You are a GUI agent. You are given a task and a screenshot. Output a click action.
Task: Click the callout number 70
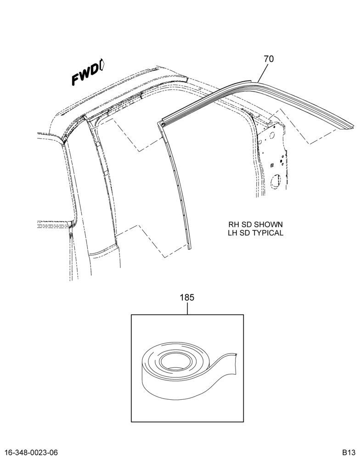[269, 59]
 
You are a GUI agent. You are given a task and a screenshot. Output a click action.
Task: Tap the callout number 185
[187, 298]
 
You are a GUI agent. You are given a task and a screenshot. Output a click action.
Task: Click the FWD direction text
[84, 74]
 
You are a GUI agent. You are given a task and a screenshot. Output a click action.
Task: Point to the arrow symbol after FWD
[102, 65]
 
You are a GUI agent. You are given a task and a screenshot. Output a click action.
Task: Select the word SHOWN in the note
[268, 225]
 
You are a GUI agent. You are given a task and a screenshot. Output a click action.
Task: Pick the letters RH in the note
[234, 225]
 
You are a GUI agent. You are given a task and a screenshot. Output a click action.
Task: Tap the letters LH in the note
[233, 233]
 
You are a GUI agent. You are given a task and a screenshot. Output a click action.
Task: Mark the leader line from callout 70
[263, 73]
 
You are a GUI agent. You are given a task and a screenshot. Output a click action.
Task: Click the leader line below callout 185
[187, 308]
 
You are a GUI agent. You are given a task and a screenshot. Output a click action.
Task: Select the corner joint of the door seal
[163, 124]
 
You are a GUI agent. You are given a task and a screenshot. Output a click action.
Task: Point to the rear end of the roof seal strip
[354, 125]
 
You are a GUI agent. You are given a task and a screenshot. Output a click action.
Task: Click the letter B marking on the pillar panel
[272, 166]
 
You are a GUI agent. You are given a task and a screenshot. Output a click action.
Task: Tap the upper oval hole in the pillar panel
[271, 135]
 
